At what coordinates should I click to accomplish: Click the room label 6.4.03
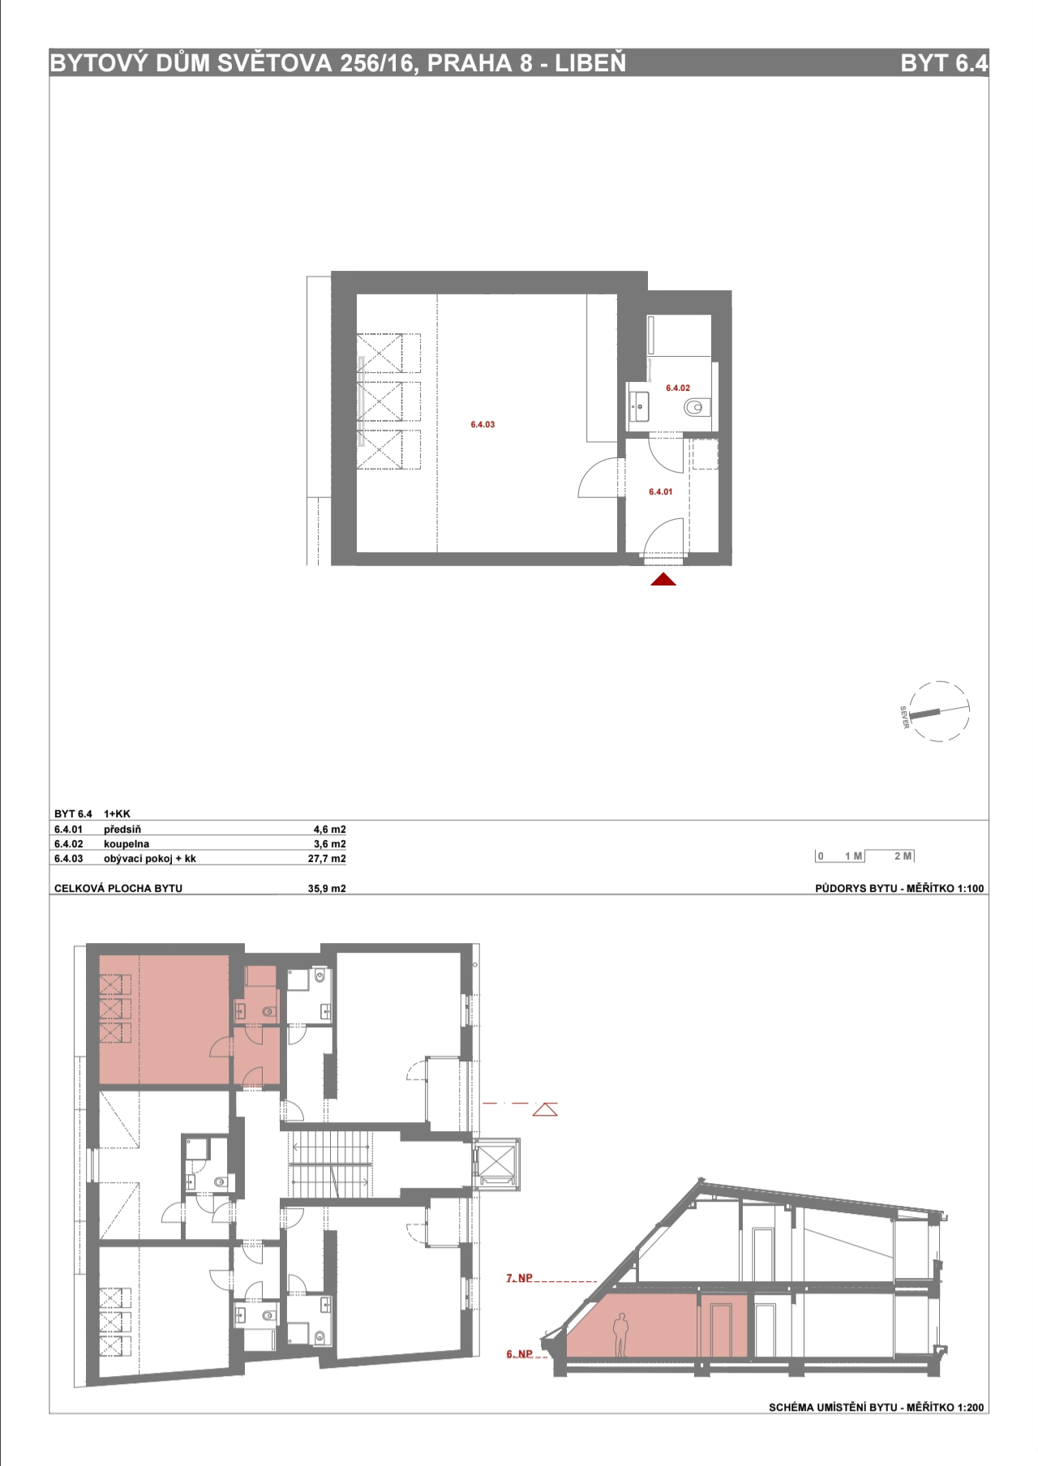click(x=483, y=424)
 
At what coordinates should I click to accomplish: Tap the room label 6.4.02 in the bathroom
click(x=678, y=388)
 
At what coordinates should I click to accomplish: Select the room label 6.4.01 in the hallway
click(x=661, y=491)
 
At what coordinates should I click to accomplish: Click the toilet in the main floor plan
click(x=694, y=407)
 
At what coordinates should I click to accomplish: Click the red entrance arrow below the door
click(x=663, y=579)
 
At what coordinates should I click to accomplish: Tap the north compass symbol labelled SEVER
click(x=937, y=712)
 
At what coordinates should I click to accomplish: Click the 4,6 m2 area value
click(x=329, y=829)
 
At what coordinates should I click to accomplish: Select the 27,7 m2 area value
click(x=327, y=859)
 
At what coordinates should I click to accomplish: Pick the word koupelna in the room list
click(x=127, y=844)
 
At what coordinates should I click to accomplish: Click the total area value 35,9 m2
click(x=327, y=889)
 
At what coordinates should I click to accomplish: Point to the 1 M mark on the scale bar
click(x=854, y=856)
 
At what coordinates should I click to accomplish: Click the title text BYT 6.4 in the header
click(x=944, y=63)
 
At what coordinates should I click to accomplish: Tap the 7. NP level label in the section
click(x=520, y=1279)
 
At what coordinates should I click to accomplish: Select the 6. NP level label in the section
click(x=520, y=1354)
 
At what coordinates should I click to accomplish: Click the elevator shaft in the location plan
click(x=496, y=1163)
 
